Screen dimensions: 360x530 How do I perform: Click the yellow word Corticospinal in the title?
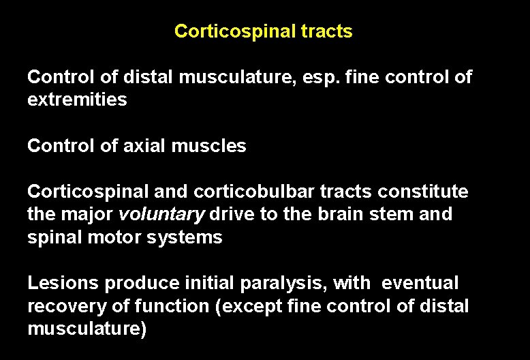(232, 31)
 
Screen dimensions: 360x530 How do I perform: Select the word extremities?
(77, 100)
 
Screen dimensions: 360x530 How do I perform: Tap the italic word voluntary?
(161, 215)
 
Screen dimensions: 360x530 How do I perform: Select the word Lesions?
(59, 283)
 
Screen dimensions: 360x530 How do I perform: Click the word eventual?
(420, 283)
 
